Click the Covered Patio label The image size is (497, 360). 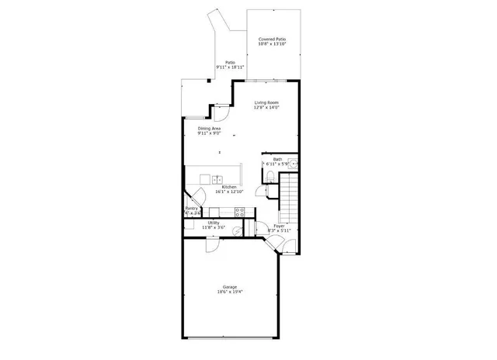[273, 38]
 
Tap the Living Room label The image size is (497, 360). [267, 102]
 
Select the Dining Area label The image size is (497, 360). [210, 128]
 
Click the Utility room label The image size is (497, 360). [213, 223]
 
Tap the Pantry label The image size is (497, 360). [192, 208]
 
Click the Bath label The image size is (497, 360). [277, 159]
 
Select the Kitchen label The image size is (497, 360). [229, 187]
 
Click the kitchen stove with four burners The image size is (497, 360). [239, 211]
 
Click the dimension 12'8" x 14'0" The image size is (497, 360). [267, 108]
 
